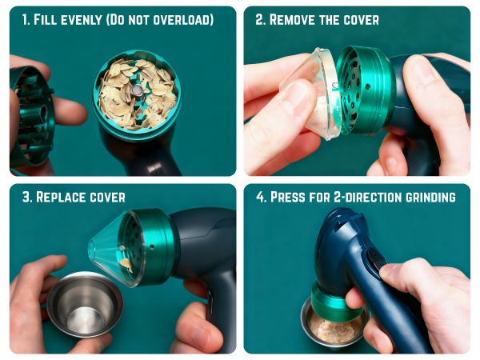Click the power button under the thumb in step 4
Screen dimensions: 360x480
pos(375,260)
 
